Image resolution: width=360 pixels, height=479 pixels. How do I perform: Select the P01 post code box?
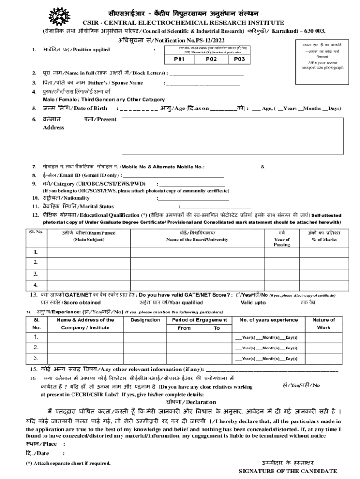pyautogui.click(x=179, y=59)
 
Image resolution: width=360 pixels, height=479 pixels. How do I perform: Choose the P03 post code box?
pyautogui.click(x=239, y=59)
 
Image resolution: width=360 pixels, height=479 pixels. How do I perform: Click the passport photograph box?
pyautogui.click(x=322, y=56)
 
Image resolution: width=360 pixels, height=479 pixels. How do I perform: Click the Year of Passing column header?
pyautogui.click(x=281, y=239)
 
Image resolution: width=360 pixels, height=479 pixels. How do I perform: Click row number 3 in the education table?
pyautogui.click(x=36, y=274)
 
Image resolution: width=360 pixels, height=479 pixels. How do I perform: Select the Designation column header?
pyautogui.click(x=145, y=320)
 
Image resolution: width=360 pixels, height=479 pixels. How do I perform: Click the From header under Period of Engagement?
pyautogui.click(x=184, y=328)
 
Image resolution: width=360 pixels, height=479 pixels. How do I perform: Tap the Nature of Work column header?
pyautogui.click(x=324, y=324)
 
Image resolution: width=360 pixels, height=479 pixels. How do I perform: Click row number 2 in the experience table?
pyautogui.click(x=36, y=348)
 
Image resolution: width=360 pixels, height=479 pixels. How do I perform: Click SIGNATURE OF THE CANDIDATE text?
pyautogui.click(x=288, y=471)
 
